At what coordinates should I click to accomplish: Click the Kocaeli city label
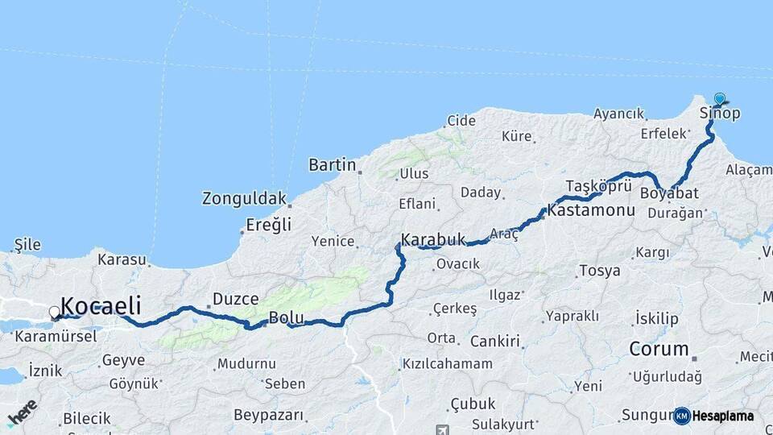[x=101, y=306]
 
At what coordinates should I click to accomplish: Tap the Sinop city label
[x=719, y=114]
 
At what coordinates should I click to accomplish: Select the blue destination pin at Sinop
[x=719, y=99]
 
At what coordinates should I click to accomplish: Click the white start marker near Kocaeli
[x=55, y=312]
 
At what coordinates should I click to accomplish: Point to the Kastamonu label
[x=585, y=211]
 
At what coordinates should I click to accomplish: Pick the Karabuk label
[x=433, y=239]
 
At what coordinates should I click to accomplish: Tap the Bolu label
[x=286, y=317]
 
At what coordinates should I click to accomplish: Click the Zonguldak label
[x=244, y=198]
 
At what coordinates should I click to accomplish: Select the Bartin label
[x=332, y=165]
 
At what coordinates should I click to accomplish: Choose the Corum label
[x=659, y=350]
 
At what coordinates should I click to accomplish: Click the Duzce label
[x=235, y=299]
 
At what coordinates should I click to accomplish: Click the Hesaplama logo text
[x=722, y=416]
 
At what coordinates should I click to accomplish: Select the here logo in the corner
[x=22, y=412]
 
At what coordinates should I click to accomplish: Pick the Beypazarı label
[x=269, y=416]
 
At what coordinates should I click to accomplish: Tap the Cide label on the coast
[x=461, y=121]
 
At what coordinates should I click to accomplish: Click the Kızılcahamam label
[x=447, y=364]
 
